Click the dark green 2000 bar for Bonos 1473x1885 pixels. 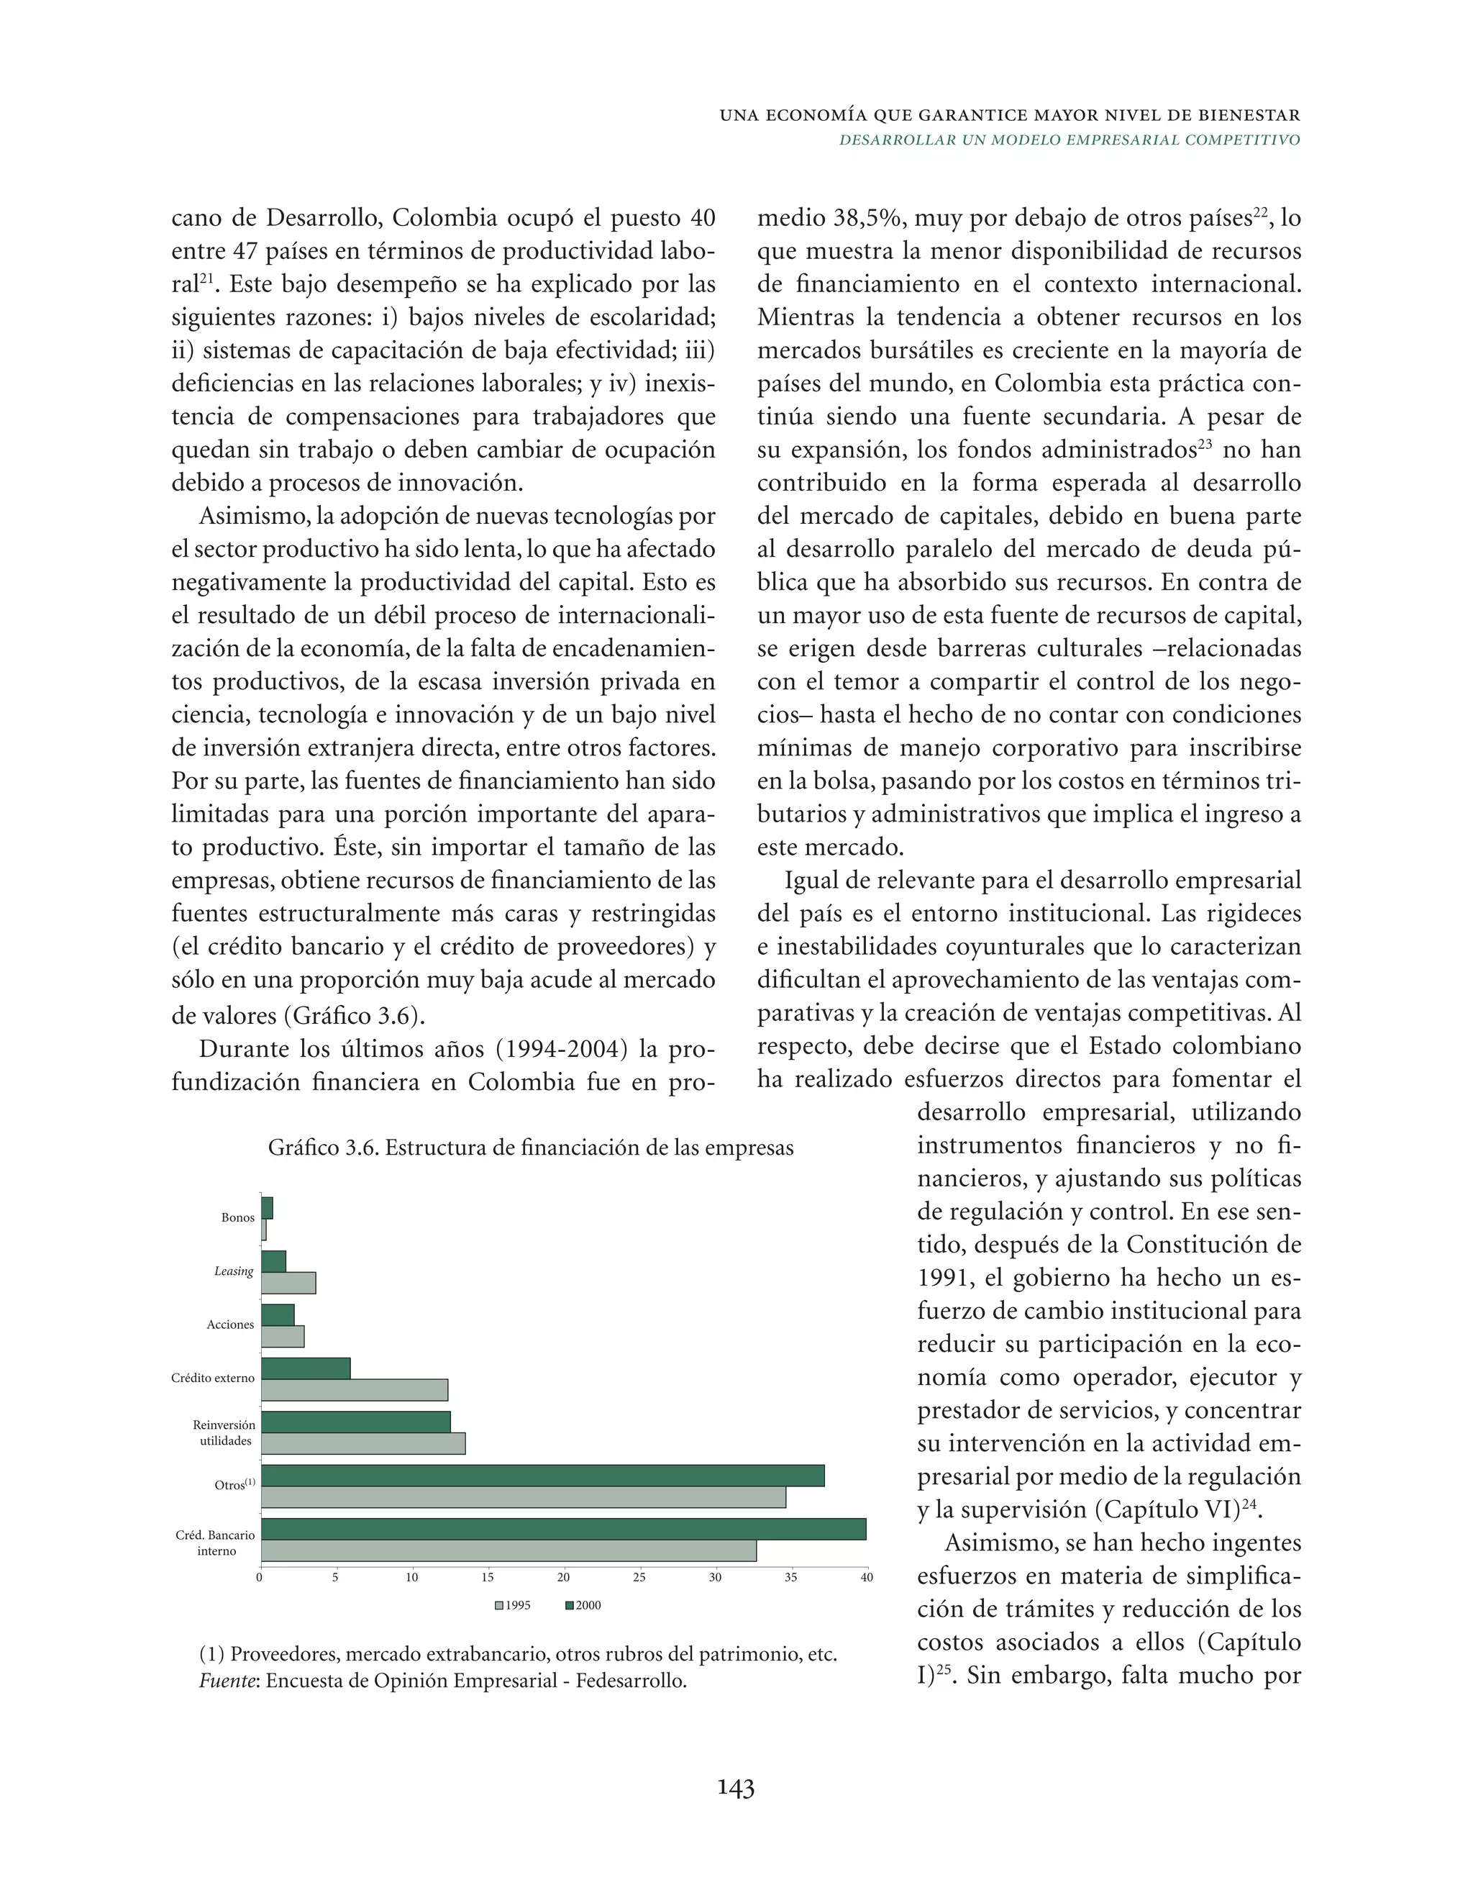[267, 1207]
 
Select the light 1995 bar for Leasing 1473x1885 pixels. [288, 1283]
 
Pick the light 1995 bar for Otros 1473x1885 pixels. [523, 1496]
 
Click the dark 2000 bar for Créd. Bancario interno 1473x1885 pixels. [562, 1529]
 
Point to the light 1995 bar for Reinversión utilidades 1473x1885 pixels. [362, 1443]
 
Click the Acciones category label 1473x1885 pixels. [230, 1325]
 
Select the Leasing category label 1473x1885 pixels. [234, 1271]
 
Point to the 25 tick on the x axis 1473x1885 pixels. [639, 1578]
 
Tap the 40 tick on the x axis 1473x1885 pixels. [867, 1578]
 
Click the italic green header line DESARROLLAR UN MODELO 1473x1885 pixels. [1070, 140]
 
